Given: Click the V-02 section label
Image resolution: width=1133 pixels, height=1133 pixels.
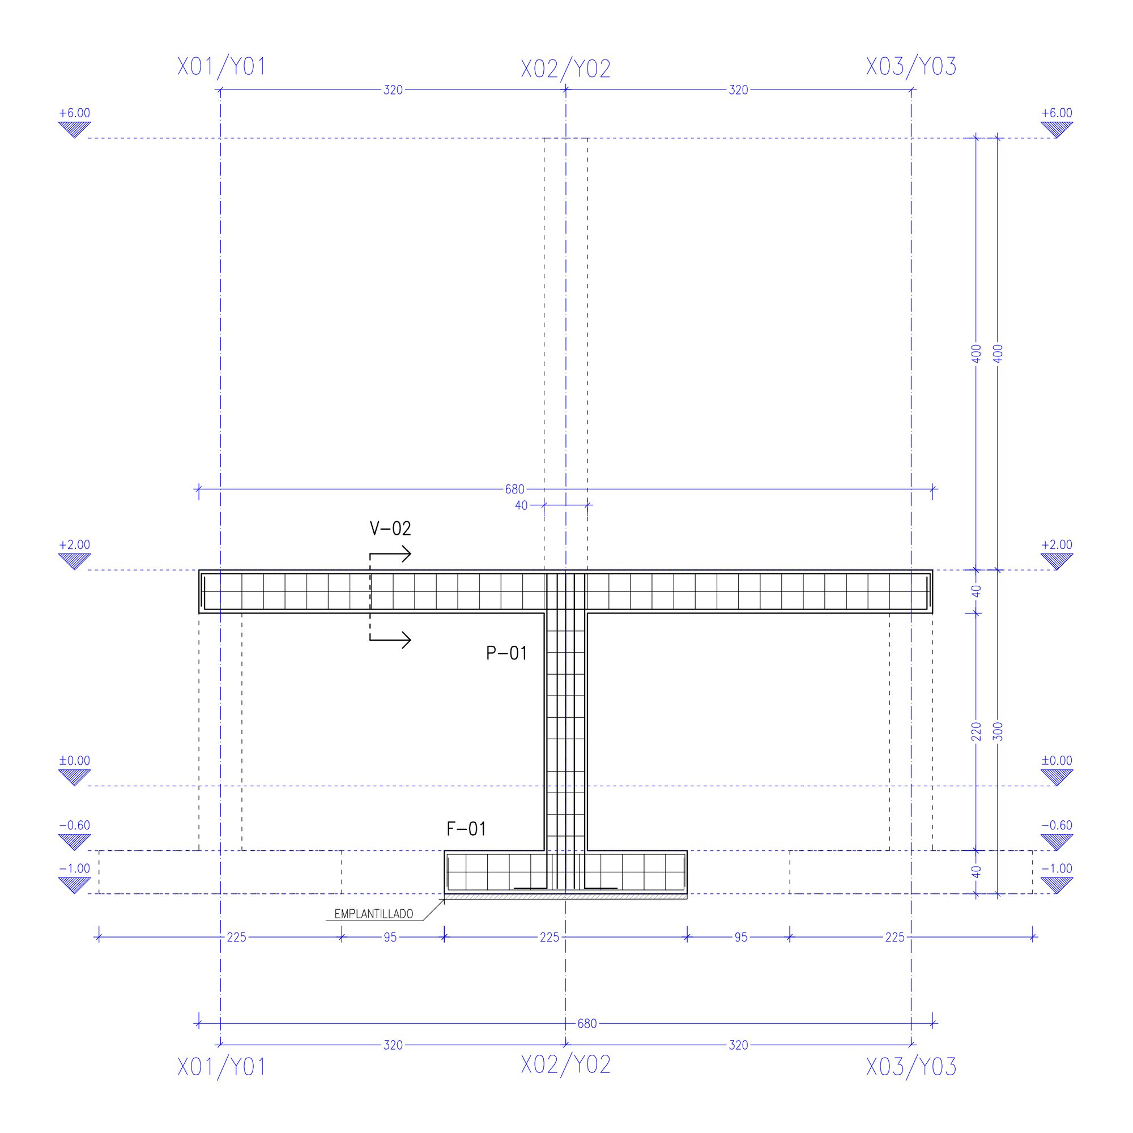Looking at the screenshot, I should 390,529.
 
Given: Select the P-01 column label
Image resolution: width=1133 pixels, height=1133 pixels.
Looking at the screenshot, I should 506,653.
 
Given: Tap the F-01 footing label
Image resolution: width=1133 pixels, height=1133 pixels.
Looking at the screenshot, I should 466,829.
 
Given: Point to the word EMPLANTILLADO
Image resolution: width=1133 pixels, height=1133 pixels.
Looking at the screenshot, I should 373,914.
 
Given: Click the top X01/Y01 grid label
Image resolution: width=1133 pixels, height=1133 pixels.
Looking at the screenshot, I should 222,67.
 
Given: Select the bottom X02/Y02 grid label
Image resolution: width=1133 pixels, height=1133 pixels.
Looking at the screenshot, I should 566,1065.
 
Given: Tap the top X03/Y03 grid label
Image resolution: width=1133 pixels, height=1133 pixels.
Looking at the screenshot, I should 911,67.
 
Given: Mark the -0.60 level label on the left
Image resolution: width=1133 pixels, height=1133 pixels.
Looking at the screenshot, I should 74,826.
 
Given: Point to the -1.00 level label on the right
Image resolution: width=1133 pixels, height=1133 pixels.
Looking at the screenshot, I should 1057,869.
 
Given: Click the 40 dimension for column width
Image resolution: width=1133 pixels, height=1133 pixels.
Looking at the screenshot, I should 521,505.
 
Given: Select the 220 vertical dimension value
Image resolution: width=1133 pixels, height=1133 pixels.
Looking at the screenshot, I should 977,731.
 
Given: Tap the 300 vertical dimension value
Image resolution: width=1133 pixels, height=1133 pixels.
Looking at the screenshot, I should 998,731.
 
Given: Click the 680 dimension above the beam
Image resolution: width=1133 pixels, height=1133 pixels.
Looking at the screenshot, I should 514,489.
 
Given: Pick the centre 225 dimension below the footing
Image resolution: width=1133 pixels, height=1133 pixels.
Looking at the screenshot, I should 550,938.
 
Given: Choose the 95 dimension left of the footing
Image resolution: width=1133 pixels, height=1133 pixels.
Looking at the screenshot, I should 390,938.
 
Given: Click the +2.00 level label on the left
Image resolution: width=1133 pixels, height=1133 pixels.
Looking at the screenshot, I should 74,545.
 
